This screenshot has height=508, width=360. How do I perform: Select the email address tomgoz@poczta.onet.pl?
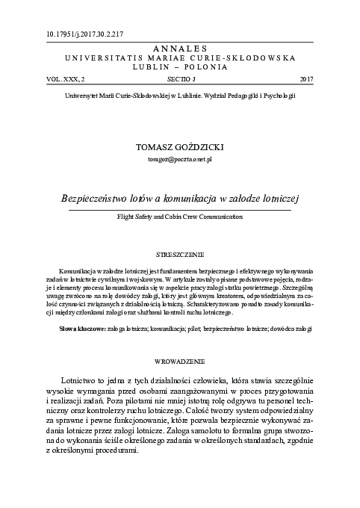pyautogui.click(x=179, y=160)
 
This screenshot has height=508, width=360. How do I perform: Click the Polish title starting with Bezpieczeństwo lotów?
pyautogui.click(x=179, y=199)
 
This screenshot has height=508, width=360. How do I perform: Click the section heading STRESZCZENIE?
pyautogui.click(x=179, y=254)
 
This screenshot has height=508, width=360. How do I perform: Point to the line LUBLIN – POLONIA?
pyautogui.click(x=179, y=66)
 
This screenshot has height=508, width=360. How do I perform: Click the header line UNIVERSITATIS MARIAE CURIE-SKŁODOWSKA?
pyautogui.click(x=179, y=57)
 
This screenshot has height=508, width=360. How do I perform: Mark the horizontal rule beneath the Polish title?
pyautogui.click(x=179, y=210)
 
